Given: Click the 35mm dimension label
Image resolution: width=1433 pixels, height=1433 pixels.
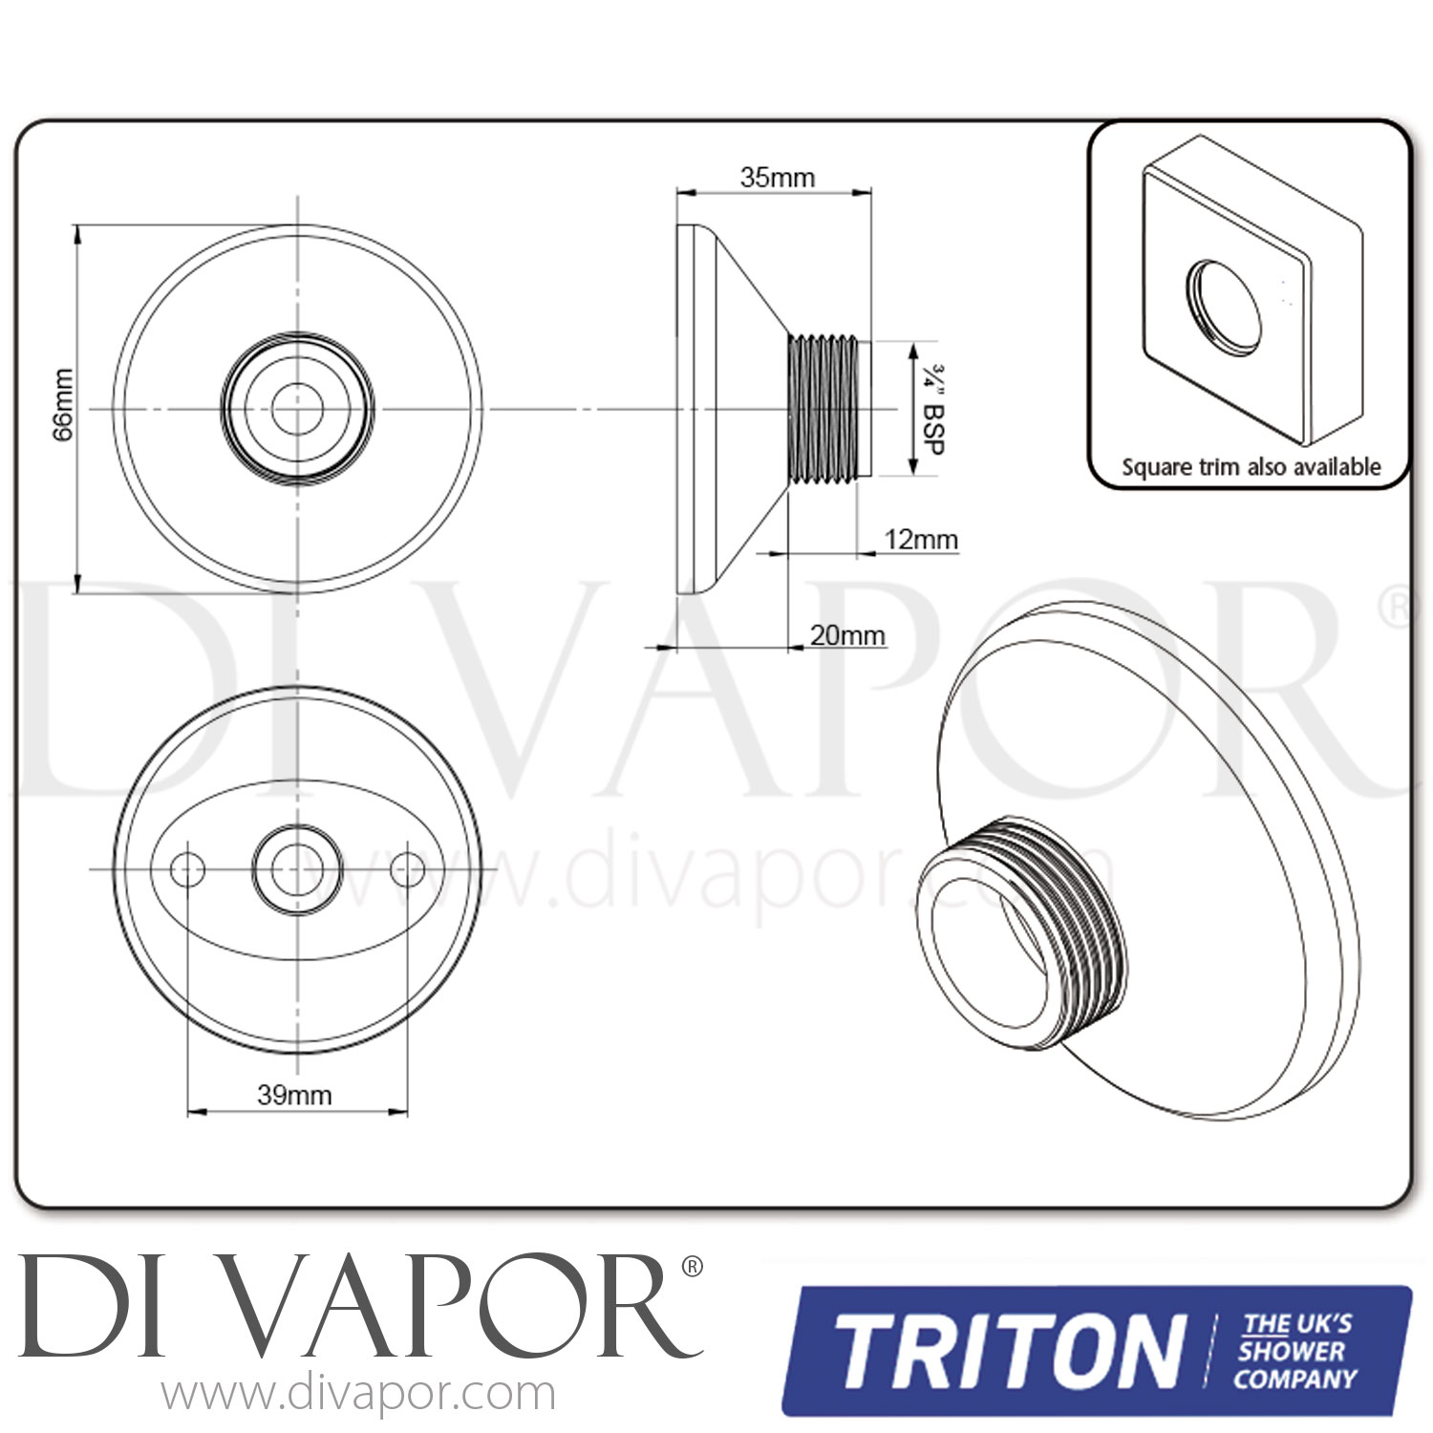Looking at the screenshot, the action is (777, 177).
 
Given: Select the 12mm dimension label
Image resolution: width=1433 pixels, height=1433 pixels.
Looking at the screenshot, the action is (921, 540).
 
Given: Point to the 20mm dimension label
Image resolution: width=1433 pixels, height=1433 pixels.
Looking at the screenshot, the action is (847, 635).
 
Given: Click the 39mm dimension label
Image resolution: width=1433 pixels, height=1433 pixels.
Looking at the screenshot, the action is (294, 1095).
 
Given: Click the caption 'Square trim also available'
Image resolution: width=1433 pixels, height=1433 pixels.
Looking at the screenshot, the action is (1251, 467).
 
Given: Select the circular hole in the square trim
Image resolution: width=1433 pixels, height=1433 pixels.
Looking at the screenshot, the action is (1226, 302).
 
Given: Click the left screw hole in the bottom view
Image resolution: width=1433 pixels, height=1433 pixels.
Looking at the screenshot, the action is (187, 868).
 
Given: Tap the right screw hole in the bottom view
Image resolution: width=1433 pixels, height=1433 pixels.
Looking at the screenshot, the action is (408, 868).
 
